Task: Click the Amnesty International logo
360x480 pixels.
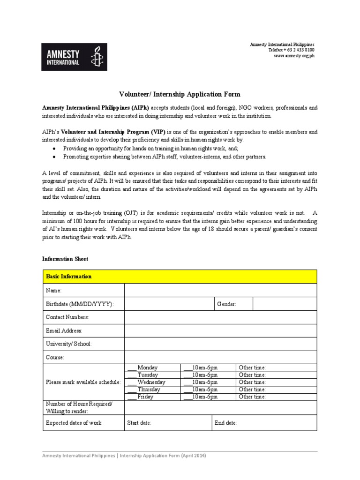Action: pos(74,57)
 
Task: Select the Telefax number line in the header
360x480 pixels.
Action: pos(291,50)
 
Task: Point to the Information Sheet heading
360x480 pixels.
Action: pos(65,259)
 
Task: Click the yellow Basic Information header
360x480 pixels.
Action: pos(180,277)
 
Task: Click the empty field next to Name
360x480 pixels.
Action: pos(220,291)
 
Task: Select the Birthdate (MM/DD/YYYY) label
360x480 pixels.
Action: pos(80,304)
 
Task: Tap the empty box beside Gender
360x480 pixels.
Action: pos(285,304)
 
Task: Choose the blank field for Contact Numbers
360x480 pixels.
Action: pos(220,317)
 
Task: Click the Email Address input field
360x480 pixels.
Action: pos(220,330)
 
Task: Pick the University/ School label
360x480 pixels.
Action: pos(69,344)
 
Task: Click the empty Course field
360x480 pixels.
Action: pos(220,357)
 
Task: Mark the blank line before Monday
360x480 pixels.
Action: pos(132,368)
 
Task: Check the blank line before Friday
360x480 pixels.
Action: pos(132,397)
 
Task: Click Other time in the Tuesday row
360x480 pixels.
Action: pos(252,375)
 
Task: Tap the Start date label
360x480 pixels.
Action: pos(139,423)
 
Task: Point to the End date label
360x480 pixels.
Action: pos(226,423)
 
